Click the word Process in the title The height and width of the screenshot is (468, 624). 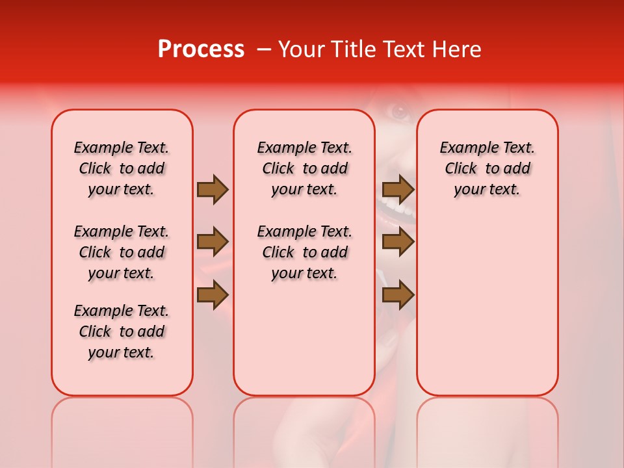coord(201,49)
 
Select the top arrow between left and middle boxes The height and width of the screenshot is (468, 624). coord(213,190)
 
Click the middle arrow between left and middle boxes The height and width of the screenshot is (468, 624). coord(213,242)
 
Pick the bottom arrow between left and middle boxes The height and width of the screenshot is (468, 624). coord(213,295)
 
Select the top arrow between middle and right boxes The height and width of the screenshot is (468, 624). coord(398,190)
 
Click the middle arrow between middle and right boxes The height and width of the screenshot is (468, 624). coord(398,242)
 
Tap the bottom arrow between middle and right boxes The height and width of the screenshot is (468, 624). coord(398,295)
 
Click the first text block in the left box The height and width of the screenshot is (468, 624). coord(122,168)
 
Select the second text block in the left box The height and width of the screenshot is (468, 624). coord(122,252)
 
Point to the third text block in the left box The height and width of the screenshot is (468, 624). coord(122,331)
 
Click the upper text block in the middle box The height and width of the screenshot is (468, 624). coord(305,168)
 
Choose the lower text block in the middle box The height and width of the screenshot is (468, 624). coord(305,252)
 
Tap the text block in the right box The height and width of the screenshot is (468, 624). coord(487,168)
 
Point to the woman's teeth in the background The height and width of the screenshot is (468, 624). coord(398,209)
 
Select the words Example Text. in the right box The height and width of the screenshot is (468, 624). coord(487,148)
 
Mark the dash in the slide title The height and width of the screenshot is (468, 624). coord(263,49)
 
